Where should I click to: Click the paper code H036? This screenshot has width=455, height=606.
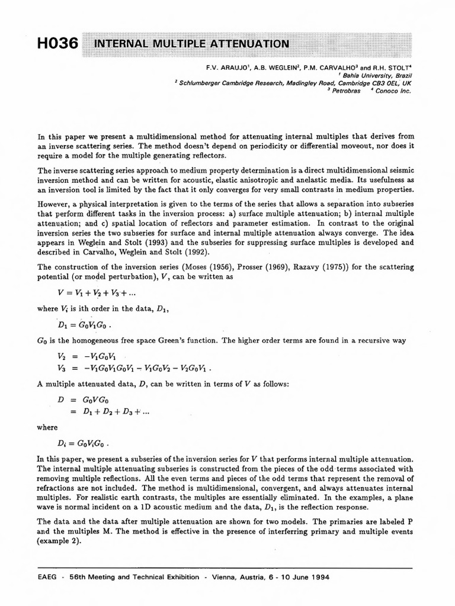click(x=57, y=43)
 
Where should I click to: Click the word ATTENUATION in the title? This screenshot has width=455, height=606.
click(x=248, y=44)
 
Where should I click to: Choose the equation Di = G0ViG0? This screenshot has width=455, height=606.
click(x=83, y=443)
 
